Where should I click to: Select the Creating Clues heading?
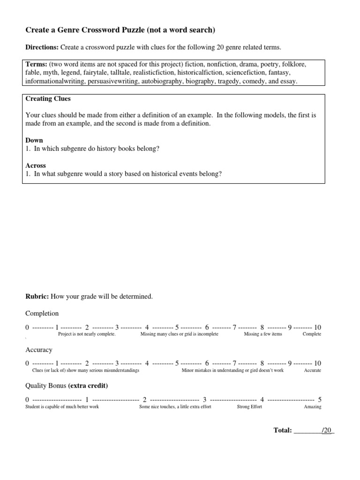click(48, 99)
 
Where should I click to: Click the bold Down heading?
click(34, 140)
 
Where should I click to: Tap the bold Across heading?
click(36, 165)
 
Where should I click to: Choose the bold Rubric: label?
click(37, 296)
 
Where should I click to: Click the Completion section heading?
click(42, 313)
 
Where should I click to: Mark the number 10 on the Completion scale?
click(317, 327)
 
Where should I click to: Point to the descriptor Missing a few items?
click(263, 334)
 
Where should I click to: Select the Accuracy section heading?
click(39, 350)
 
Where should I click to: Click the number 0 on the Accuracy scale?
click(28, 363)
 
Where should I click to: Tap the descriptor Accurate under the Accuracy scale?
click(312, 370)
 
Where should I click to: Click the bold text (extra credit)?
click(88, 386)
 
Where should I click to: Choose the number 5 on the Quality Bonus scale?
click(320, 400)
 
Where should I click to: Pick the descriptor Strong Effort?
click(249, 407)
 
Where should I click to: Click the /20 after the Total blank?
click(327, 430)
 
